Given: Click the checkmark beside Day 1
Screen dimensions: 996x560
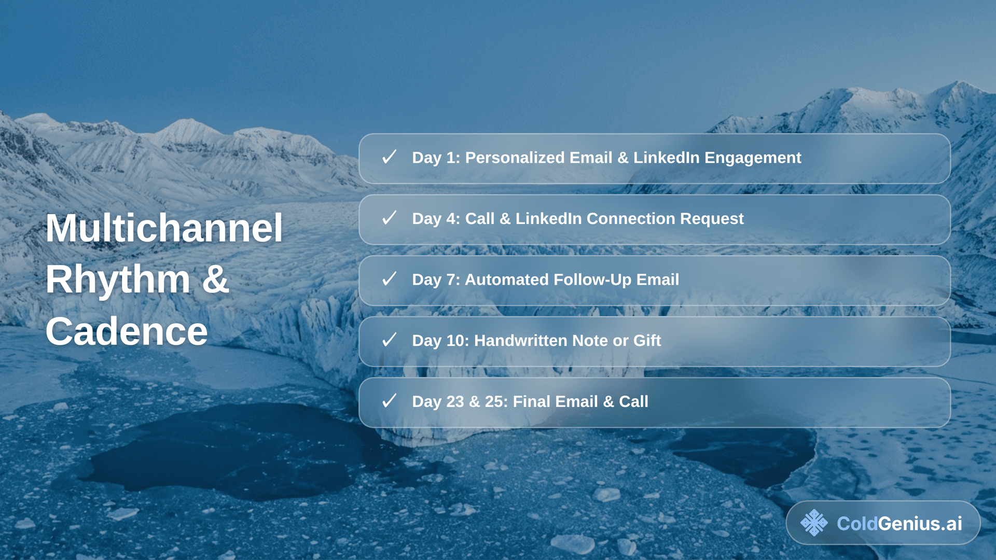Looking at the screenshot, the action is click(389, 157).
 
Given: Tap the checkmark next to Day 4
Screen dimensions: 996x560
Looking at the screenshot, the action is click(389, 218).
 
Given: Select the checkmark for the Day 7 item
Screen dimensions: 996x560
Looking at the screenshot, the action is click(389, 279).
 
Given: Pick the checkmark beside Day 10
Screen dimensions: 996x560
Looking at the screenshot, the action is click(389, 340).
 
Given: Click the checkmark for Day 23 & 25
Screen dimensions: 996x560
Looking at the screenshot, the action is click(389, 401).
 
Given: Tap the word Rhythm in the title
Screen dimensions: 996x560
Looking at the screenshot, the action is click(118, 279).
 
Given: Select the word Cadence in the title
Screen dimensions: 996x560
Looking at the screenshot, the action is click(127, 331).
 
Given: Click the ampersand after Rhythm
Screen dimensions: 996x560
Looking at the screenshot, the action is click(215, 279).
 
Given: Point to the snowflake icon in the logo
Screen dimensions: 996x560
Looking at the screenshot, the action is click(814, 523).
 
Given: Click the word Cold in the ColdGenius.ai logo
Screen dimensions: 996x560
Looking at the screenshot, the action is click(857, 523).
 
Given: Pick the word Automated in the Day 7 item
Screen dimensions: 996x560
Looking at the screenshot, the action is click(507, 279).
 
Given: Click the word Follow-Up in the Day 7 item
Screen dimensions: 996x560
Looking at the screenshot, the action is click(593, 280).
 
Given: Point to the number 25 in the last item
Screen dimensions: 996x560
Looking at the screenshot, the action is click(494, 401).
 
